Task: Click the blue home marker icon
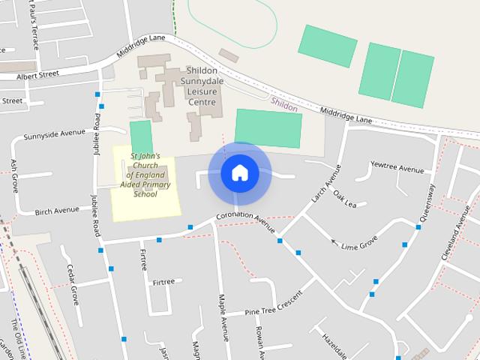(239, 173)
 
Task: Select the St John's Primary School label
(145, 175)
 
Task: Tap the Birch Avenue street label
(57, 211)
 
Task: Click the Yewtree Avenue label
(397, 168)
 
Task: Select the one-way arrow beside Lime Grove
(334, 241)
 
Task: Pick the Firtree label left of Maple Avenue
(163, 282)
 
